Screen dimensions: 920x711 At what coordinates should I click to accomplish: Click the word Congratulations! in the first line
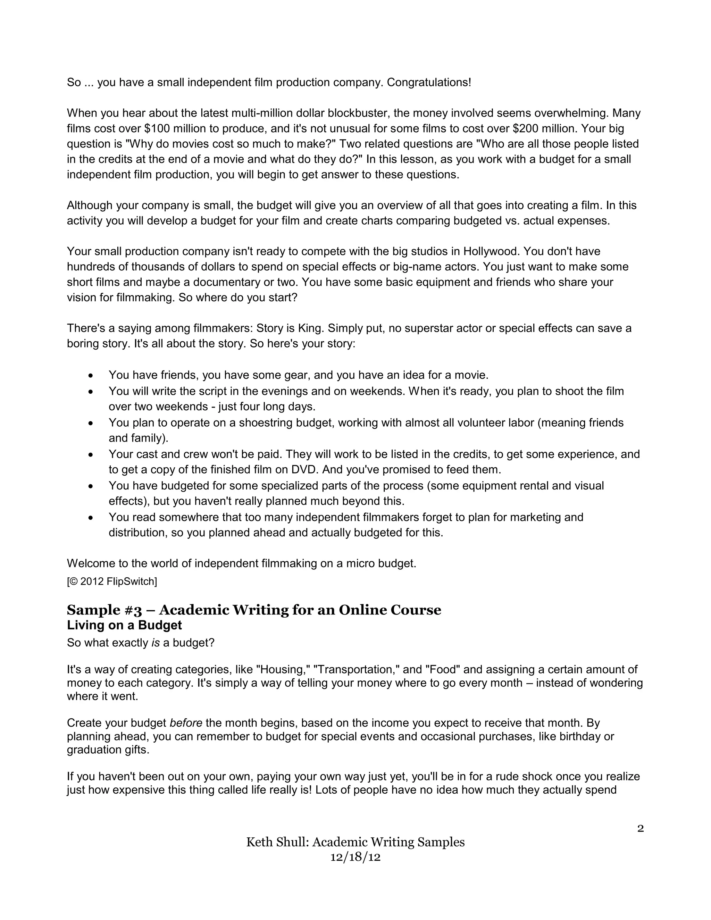click(x=429, y=83)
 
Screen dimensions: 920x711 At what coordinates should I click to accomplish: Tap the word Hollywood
click(x=490, y=251)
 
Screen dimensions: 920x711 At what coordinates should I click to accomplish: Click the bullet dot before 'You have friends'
click(x=91, y=376)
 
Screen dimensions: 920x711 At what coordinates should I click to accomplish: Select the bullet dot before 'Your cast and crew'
click(x=91, y=455)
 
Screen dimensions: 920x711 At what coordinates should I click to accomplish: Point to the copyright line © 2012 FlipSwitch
click(x=112, y=582)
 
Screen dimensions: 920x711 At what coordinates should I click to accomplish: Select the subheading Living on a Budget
click(x=124, y=625)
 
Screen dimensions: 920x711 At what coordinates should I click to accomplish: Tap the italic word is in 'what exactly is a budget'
click(x=156, y=643)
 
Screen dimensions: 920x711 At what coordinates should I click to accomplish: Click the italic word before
click(x=186, y=723)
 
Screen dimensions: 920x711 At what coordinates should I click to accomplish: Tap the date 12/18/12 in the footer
click(x=355, y=857)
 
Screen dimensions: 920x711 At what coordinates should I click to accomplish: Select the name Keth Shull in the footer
click(x=277, y=843)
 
